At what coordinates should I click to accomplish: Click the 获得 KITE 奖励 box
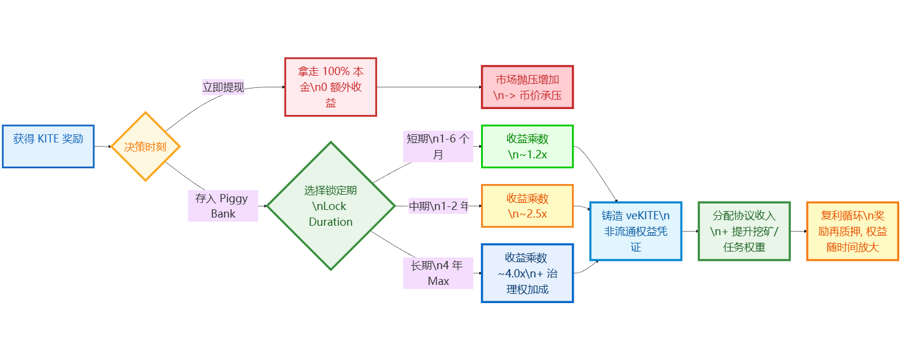click(48, 146)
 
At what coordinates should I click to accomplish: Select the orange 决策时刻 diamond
click(145, 147)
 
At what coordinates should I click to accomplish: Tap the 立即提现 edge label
click(223, 87)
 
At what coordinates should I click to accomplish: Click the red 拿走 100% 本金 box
click(330, 87)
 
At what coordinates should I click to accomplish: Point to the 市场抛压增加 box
click(527, 87)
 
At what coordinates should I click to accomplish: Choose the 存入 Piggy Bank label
click(223, 206)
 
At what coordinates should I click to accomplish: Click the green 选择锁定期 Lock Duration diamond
click(331, 206)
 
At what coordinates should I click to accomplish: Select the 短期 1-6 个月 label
click(438, 147)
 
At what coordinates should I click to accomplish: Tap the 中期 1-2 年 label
click(438, 206)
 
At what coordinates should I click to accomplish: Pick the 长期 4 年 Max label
click(438, 273)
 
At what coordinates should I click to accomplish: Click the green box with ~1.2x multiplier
click(527, 147)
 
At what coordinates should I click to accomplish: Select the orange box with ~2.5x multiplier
click(527, 206)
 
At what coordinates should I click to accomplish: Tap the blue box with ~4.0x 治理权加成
click(527, 273)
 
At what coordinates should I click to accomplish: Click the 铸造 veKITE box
click(636, 231)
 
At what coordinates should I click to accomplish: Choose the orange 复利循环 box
click(852, 231)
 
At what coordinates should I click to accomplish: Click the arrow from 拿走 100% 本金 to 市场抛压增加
click(428, 87)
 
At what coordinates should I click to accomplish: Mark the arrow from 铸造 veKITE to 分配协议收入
click(690, 231)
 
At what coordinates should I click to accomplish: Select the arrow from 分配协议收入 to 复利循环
click(798, 231)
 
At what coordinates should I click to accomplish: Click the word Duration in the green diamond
click(331, 222)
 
